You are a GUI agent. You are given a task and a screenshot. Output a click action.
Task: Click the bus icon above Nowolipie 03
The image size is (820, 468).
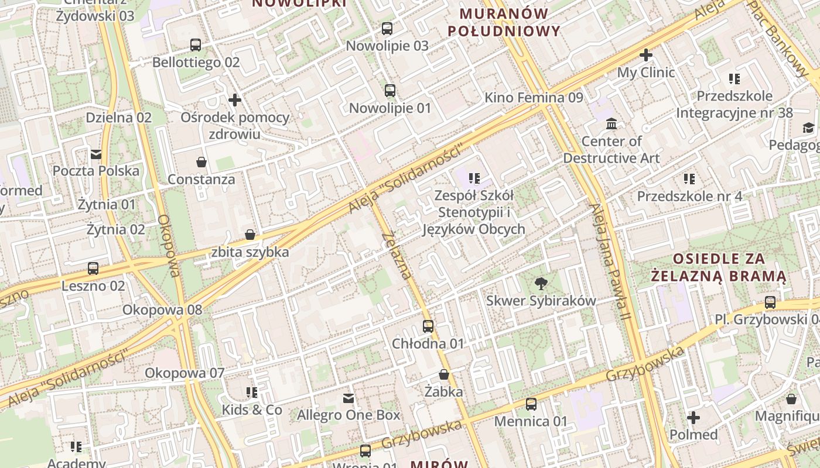387,28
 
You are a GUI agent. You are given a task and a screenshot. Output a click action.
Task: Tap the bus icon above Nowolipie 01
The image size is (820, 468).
390,91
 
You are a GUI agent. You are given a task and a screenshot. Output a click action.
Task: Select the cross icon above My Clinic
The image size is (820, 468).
646,55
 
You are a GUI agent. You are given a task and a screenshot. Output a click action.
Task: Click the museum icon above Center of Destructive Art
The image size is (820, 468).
611,123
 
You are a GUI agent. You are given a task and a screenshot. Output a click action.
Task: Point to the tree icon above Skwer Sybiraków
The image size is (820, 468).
541,284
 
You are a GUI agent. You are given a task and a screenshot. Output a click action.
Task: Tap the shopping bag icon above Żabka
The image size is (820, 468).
444,374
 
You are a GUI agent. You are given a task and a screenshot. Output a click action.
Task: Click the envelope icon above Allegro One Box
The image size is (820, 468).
348,398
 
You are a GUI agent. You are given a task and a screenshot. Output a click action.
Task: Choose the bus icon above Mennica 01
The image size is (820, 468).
531,404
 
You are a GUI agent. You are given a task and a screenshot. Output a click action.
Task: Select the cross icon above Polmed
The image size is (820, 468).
693,418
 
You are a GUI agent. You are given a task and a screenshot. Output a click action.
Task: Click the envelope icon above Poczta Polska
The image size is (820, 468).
96,154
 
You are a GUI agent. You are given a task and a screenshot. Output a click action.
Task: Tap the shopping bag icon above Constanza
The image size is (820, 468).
201,162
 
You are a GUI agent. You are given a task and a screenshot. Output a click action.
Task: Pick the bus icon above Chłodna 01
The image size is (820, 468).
428,326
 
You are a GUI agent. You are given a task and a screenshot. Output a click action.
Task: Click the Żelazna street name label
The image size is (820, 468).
397,256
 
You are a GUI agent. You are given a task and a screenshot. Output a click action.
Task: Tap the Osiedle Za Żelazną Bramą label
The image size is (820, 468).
719,267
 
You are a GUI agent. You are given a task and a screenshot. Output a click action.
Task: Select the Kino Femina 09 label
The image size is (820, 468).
534,98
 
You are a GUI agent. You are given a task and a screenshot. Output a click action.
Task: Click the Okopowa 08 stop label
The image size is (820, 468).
162,309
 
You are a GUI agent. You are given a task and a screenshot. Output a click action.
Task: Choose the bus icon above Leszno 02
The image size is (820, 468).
93,269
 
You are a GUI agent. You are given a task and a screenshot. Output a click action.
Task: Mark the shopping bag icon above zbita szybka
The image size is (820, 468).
250,235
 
